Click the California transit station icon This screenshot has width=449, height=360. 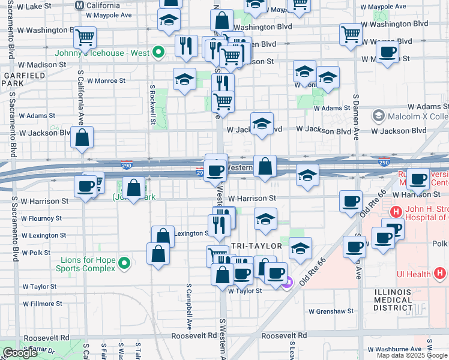tap(79, 5)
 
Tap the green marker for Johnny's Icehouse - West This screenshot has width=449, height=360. tap(158, 52)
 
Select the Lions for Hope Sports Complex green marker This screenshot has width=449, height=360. tap(124, 263)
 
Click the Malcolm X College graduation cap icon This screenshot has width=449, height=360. tap(379, 115)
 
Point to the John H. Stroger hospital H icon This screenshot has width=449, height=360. tap(396, 211)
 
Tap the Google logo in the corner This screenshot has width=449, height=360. tap(20, 353)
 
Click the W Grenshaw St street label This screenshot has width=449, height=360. tap(333, 311)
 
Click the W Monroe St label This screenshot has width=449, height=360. tap(106, 80)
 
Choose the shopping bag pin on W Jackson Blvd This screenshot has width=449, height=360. tap(82, 137)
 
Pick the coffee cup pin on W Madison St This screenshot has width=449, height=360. tap(388, 52)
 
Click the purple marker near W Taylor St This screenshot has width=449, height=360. tap(287, 281)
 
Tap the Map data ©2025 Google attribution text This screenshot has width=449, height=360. tap(412, 355)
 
